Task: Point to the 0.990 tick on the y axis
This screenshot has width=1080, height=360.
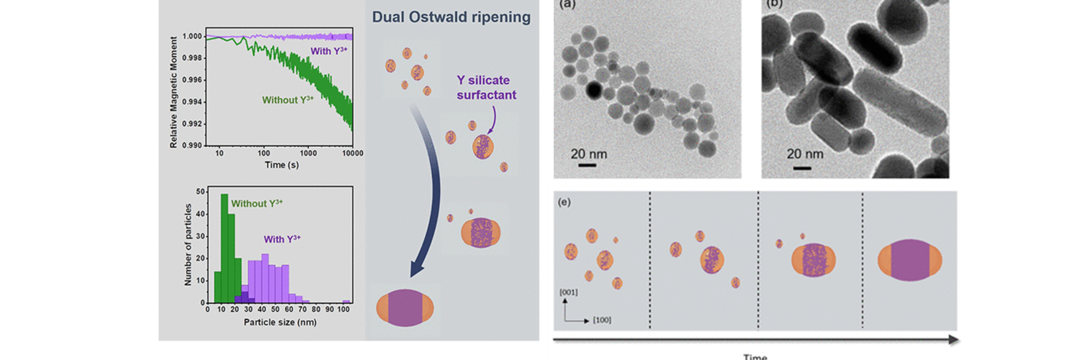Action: (x=192, y=145)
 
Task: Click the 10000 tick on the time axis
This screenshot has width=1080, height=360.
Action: (x=353, y=154)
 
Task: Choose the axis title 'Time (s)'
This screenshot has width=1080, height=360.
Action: (x=279, y=164)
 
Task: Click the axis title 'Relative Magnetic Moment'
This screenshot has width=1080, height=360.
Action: (x=174, y=91)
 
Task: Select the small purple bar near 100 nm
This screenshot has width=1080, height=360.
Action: (x=346, y=301)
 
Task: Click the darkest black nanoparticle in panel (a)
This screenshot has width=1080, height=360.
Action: (x=593, y=90)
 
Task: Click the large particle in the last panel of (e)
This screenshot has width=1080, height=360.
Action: (x=912, y=261)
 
